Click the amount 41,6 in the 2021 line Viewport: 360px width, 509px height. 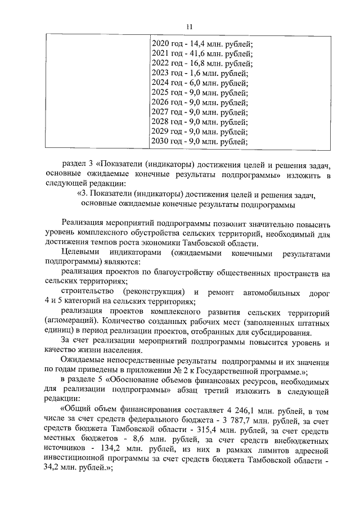pyautogui.click(x=196, y=54)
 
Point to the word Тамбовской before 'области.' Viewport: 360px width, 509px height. pyautogui.click(x=207, y=243)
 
